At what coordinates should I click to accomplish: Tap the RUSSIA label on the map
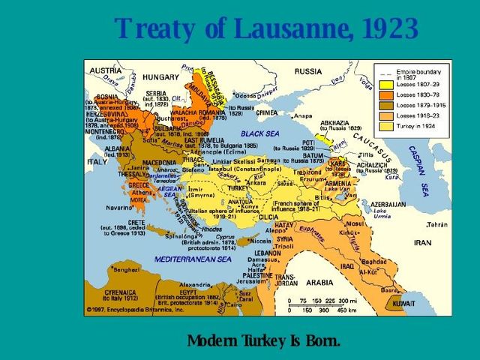point(308,71)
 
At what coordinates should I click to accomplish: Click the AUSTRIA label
point(106,70)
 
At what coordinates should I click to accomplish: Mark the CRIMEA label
point(267,112)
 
